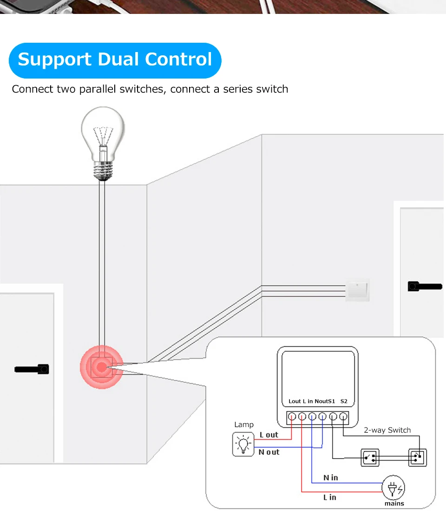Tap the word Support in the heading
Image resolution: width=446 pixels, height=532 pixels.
coord(54,59)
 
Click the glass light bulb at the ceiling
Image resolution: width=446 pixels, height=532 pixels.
coord(103,135)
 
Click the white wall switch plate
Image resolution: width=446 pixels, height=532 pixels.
coord(358,290)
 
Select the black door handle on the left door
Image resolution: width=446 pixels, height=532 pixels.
coord(33,369)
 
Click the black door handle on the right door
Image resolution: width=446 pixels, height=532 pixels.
coord(424,286)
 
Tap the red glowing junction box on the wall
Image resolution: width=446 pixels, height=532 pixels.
coord(101,367)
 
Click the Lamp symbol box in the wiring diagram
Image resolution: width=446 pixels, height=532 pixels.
coord(243,444)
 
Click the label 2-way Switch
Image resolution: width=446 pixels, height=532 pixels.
coord(387,430)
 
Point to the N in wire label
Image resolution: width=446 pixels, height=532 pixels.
coord(330,478)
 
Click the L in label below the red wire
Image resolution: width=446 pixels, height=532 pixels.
coord(329,497)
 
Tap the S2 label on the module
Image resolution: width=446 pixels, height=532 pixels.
coord(344,401)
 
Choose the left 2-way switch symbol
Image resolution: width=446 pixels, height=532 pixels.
coord(370,458)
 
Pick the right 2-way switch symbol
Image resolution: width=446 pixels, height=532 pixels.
coord(418,458)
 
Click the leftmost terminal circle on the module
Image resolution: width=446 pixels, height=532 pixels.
coord(292,417)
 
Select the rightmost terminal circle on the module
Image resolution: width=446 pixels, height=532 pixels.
coord(343,417)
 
